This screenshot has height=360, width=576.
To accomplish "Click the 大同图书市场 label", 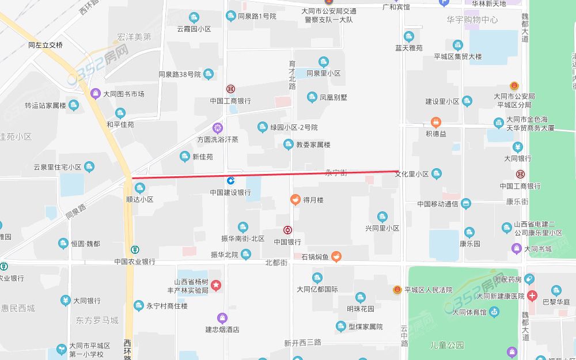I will click(x=123, y=94).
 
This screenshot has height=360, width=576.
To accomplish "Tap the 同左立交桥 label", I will click(x=46, y=44).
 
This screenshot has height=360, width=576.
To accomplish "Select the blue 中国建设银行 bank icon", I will click(x=230, y=181).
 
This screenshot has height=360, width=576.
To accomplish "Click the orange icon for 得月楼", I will click(x=295, y=200).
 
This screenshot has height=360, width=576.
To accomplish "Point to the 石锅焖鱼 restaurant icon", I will click(x=336, y=256).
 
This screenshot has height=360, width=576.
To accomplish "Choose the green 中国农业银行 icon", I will click(x=134, y=250).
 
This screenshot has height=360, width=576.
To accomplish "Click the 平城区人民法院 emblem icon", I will click(x=397, y=290).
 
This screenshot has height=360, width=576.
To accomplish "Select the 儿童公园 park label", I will click(x=448, y=345).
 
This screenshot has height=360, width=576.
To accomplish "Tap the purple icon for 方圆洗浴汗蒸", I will click(x=218, y=128).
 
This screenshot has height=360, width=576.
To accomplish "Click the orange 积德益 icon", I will click(x=436, y=122).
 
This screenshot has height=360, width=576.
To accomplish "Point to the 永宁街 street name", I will click(x=336, y=173).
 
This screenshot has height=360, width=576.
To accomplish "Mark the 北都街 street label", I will click(x=276, y=262).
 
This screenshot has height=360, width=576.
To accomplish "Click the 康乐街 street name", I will click(x=517, y=202).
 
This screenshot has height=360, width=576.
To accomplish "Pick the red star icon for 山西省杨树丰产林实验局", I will click(x=216, y=285).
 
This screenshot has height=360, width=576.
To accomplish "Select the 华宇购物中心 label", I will click(x=472, y=20).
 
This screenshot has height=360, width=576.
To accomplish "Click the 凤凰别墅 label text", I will click(x=334, y=97).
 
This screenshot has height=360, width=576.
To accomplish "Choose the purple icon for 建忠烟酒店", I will click(x=222, y=317).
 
